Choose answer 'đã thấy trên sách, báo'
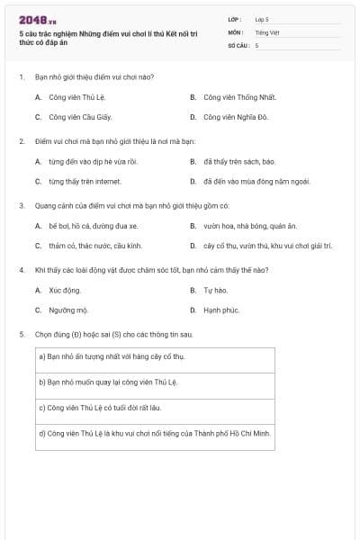tap(239, 162)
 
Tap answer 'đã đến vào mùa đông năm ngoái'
tap(256, 181)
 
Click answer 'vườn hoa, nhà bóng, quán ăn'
tap(250, 226)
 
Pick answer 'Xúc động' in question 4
tap(65, 291)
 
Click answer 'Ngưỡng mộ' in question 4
tap(67, 310)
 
